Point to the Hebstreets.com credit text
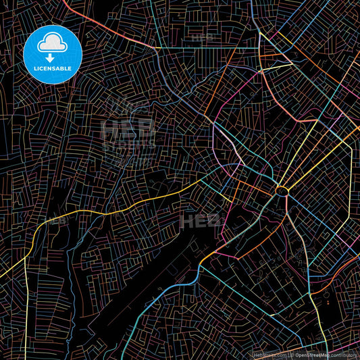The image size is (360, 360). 269,354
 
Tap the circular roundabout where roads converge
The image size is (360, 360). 281,191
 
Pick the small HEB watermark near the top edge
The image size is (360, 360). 203,35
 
